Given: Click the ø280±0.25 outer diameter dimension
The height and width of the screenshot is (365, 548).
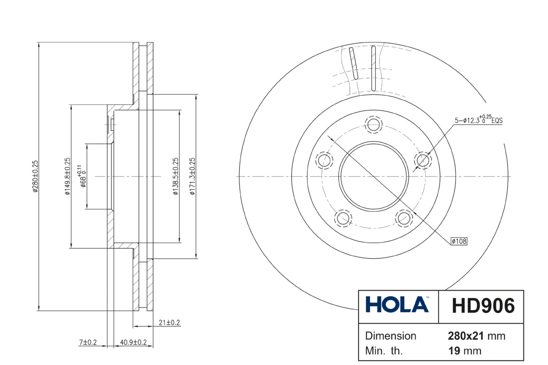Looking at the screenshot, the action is coord(36,176).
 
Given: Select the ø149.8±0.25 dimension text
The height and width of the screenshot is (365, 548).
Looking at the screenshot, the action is coord(68,176).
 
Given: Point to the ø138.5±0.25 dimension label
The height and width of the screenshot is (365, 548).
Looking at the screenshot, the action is coord(176,176).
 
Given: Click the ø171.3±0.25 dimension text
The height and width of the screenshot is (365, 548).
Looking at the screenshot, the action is coord(193,176).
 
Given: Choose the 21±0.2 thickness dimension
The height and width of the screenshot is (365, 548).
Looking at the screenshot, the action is coord(169,323).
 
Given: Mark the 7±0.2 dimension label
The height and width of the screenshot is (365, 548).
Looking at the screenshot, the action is coord(88,342).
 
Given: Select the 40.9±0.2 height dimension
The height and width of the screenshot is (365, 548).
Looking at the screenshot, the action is coord(133,342).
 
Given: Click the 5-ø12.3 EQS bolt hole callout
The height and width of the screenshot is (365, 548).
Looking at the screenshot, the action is coord(479,119).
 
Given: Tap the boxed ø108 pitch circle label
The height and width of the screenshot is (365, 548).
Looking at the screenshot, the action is coord(459,241).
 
